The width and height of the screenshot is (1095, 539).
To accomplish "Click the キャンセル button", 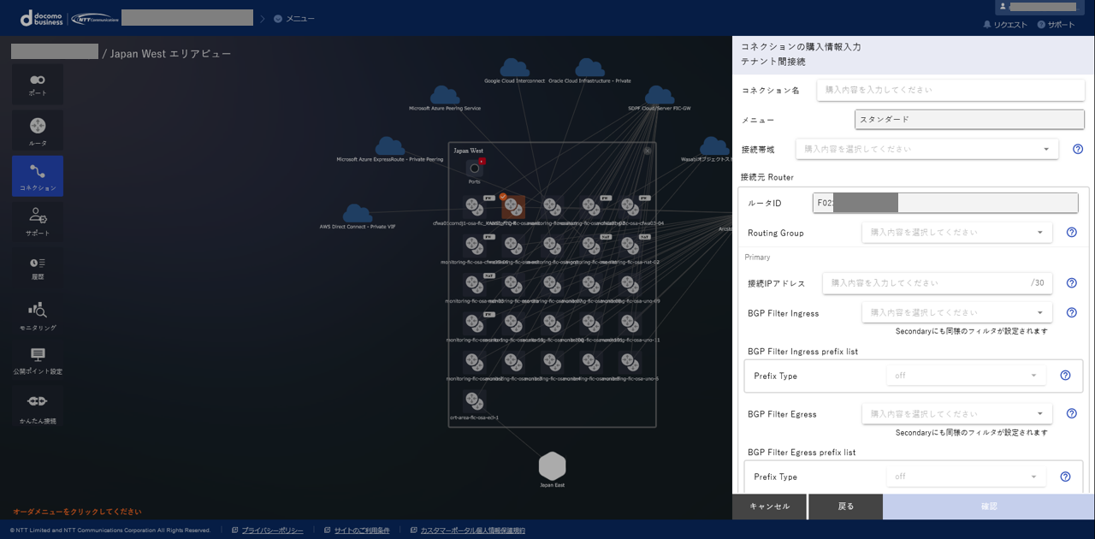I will click(769, 506).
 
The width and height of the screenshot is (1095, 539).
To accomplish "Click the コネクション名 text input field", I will click(950, 90).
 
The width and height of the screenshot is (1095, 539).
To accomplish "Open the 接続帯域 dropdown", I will click(926, 149).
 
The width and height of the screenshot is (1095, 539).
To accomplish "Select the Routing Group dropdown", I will click(956, 232).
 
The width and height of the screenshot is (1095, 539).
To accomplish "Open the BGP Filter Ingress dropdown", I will click(956, 312).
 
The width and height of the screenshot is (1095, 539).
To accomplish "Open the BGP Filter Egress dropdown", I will click(956, 414).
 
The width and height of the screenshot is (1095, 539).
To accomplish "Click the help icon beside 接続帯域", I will click(1078, 149).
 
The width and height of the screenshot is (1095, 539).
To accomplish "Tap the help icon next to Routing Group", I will click(1071, 232).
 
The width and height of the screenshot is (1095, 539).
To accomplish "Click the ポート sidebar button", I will click(38, 84).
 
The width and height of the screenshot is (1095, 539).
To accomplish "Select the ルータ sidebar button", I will click(38, 130).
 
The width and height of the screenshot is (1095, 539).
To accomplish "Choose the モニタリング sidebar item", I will click(38, 314).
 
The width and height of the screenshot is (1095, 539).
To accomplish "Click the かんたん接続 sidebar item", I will click(38, 406).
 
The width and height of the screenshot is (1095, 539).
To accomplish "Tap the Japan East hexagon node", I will click(553, 466).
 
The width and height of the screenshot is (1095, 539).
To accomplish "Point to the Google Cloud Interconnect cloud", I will click(514, 68).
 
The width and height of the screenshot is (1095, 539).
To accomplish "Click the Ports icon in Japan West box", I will click(475, 169).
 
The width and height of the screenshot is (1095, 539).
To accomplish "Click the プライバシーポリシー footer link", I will click(272, 530).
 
